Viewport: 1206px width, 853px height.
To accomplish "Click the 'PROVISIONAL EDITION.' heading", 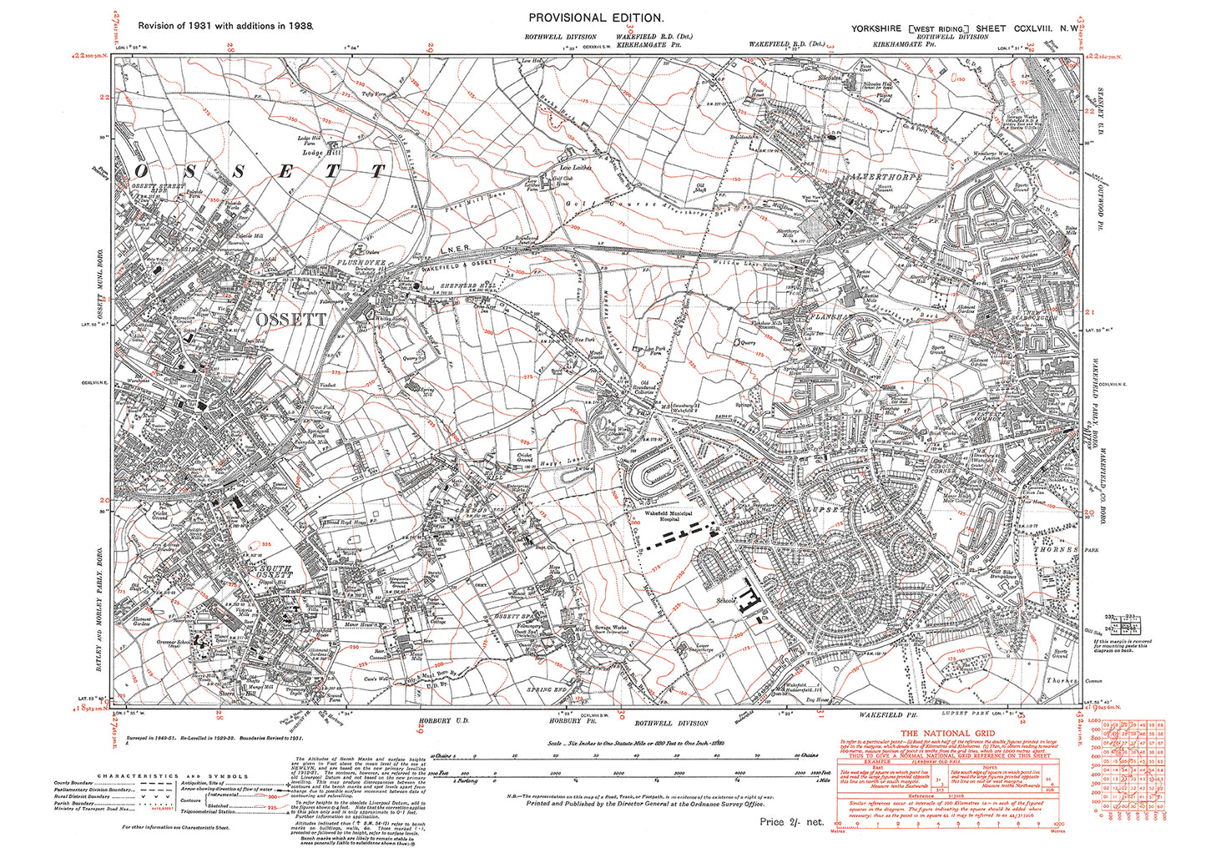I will [597, 18].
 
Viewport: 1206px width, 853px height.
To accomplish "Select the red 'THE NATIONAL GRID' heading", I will [950, 734].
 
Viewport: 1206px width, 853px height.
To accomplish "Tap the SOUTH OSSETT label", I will [273, 571].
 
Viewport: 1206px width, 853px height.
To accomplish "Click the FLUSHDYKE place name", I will [335, 261].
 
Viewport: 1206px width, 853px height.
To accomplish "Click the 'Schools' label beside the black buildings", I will [724, 600].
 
